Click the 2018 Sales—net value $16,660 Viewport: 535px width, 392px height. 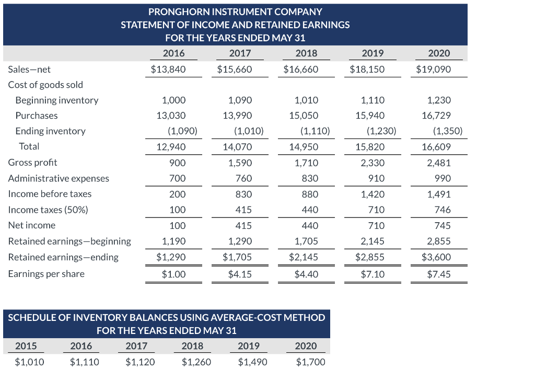click(300, 69)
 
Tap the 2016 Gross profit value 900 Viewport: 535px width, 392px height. click(177, 163)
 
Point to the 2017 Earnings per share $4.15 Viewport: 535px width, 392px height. click(240, 274)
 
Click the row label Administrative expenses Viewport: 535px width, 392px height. click(59, 178)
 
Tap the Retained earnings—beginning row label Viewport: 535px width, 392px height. click(69, 241)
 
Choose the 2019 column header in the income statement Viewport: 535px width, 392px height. click(373, 53)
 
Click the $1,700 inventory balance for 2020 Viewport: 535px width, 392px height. click(310, 362)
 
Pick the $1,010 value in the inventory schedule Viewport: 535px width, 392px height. click(29, 362)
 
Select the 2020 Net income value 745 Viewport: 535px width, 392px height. click(442, 225)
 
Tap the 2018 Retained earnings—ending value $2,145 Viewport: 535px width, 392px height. click(304, 257)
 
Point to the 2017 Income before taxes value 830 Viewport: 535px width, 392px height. click(243, 194)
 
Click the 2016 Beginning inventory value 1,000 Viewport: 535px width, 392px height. click(173, 100)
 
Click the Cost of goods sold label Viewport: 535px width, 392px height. click(45, 85)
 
